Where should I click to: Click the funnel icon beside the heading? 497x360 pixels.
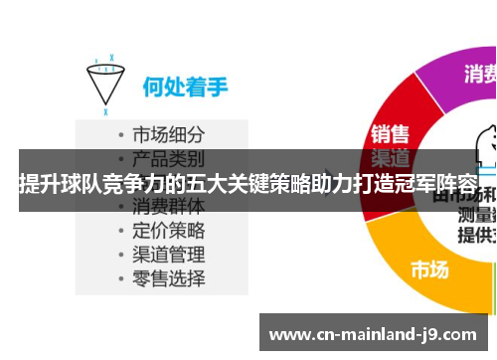pos(104,81)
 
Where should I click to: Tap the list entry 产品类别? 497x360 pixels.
pos(169,158)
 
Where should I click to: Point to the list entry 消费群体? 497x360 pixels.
pos(169,207)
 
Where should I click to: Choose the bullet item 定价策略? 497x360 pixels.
pos(169,230)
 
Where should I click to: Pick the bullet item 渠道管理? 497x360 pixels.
pos(169,254)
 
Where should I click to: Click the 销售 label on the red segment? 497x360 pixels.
pos(390,134)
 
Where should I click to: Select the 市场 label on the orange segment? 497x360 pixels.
pos(430,269)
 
